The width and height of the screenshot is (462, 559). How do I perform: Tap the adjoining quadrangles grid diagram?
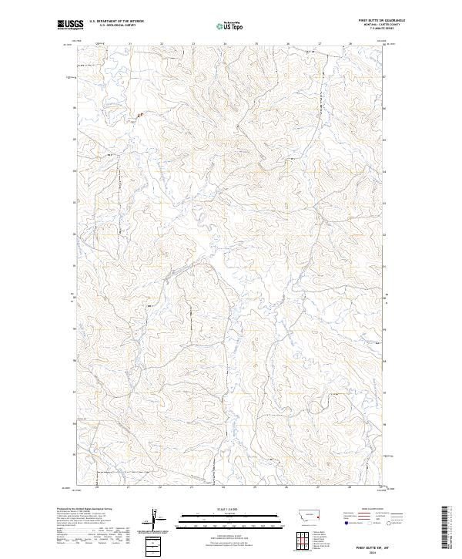tap(300, 537)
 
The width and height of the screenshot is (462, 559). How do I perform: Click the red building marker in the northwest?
tap(139, 116)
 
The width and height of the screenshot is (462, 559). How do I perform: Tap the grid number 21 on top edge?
tap(130, 44)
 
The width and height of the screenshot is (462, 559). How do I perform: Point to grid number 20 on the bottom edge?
tap(97, 487)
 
